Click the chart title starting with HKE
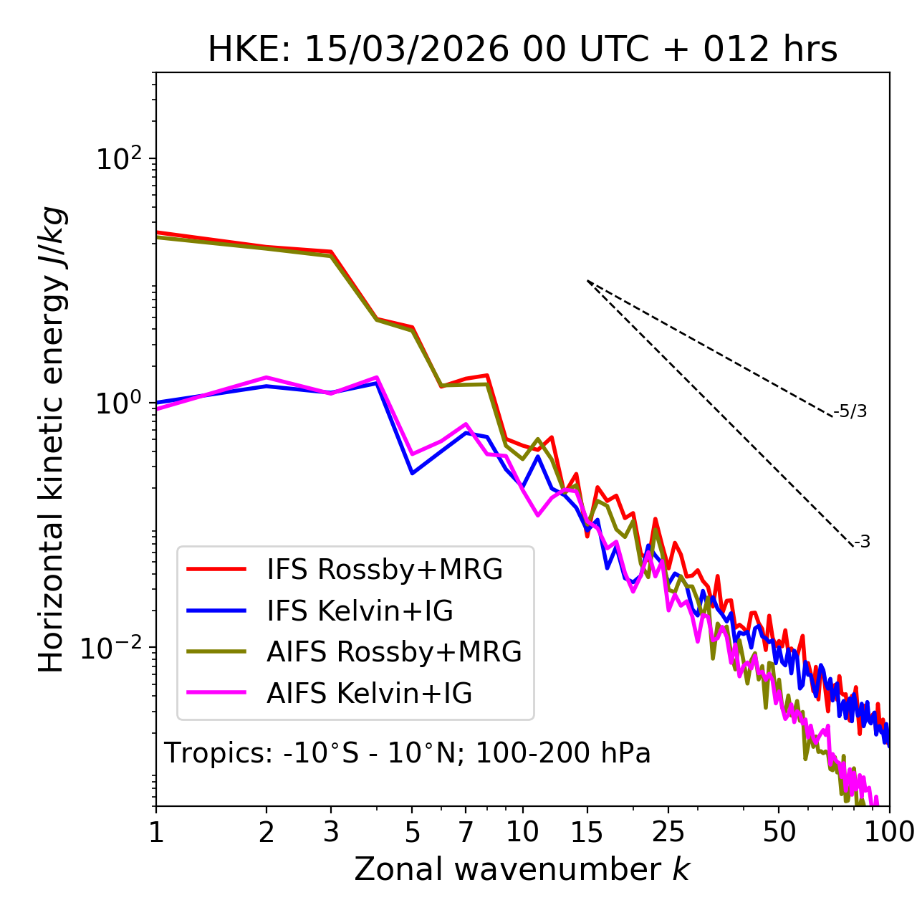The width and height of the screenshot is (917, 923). (x=522, y=50)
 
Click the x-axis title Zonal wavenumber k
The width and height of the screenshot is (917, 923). (x=522, y=869)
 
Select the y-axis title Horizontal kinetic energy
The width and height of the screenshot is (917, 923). (x=52, y=440)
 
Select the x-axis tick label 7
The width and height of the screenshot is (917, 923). (x=466, y=832)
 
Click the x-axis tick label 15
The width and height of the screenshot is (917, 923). (x=587, y=832)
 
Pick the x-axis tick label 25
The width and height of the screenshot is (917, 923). (x=668, y=832)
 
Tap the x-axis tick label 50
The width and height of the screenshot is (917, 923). (x=779, y=832)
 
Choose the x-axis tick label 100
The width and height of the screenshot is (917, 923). (x=889, y=832)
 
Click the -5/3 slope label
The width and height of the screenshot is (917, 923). (x=850, y=411)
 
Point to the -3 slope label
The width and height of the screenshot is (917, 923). (x=862, y=542)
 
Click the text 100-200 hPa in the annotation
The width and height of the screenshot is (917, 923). (x=563, y=753)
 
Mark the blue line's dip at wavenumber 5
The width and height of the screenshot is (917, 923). (x=412, y=473)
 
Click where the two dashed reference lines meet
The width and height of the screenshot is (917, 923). (x=587, y=281)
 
